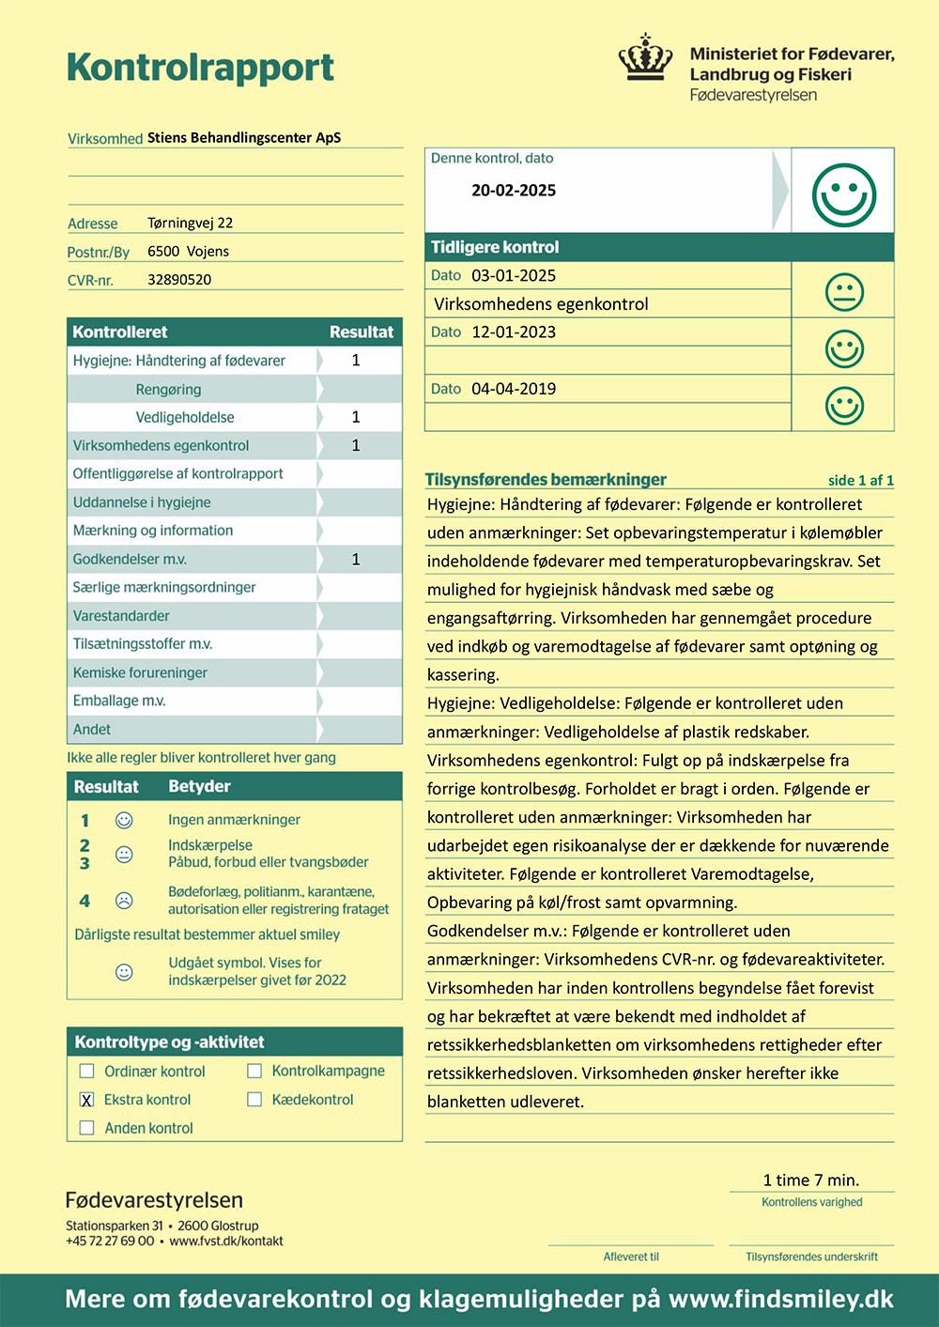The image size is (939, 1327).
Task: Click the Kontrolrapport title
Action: point(200,68)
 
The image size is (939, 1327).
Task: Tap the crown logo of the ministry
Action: point(645,58)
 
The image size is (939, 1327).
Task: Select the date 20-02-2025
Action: point(514,191)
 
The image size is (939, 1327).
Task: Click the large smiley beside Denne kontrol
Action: point(843,195)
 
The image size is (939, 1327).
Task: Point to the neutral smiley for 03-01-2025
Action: point(843,292)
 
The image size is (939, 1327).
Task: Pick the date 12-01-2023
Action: point(514,332)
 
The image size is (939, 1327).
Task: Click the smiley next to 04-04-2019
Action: point(843,406)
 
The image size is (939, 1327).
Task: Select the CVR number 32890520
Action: point(179,280)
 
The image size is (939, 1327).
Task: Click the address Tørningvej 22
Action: point(190,224)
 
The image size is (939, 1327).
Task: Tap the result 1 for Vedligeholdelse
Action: point(356,417)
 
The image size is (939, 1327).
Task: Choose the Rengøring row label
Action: point(168,390)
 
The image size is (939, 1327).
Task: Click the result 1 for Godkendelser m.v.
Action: point(356,560)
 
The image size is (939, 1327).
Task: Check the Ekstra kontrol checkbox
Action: point(87,1100)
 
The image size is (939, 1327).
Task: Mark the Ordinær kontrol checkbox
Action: point(87,1072)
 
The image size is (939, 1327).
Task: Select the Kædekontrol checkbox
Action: point(254,1100)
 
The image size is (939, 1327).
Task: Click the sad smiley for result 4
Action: point(123,901)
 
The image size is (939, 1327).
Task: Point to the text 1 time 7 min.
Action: point(811,1180)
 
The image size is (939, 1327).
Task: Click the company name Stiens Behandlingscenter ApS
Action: point(244,138)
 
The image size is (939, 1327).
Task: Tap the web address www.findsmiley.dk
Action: point(780,1300)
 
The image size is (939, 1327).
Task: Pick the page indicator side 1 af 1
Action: point(860,481)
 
